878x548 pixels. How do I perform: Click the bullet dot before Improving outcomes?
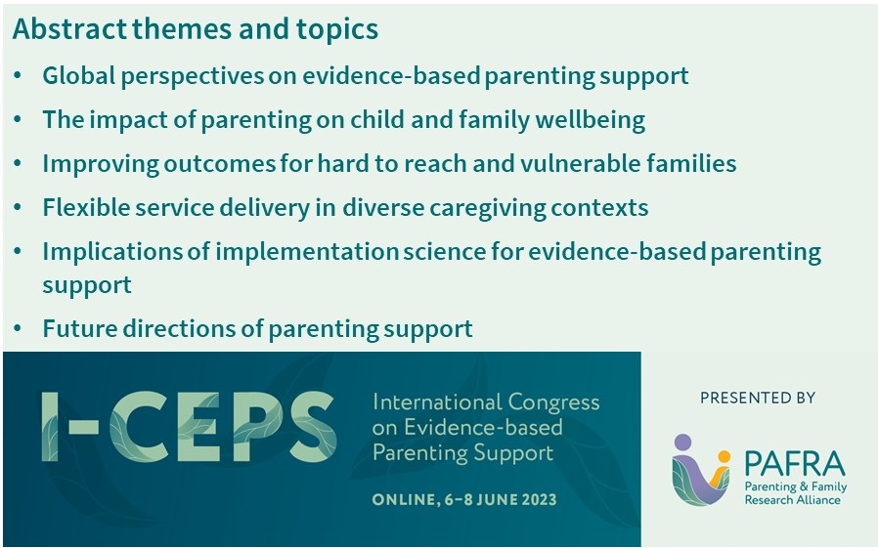pos(20,164)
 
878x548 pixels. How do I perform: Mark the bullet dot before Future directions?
pos(20,329)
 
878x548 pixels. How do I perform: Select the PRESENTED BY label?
pos(757,398)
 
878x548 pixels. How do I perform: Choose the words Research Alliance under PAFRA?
pos(787,499)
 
